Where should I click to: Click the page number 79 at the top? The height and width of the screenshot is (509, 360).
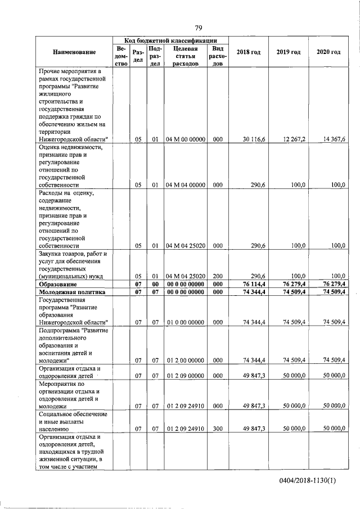[199, 28]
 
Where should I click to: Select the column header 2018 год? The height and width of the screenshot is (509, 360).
[248, 52]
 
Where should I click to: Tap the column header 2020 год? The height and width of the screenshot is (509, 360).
[328, 52]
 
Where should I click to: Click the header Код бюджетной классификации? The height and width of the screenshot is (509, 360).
[171, 40]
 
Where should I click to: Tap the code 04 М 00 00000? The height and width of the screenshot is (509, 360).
[186, 139]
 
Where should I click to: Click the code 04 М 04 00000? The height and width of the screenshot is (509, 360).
[186, 184]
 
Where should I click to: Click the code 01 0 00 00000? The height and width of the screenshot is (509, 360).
[186, 322]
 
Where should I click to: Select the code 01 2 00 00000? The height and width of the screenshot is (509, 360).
[186, 360]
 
